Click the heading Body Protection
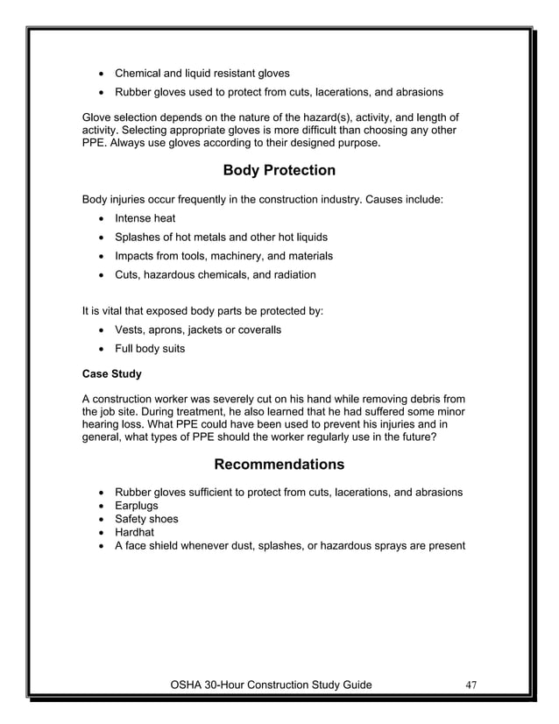279,170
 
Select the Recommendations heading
279,464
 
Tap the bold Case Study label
112,373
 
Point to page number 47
471,685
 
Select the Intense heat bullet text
145,218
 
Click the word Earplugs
140,506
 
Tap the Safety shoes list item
146,519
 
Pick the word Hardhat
138,532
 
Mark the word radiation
290,274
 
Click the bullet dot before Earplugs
104,507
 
